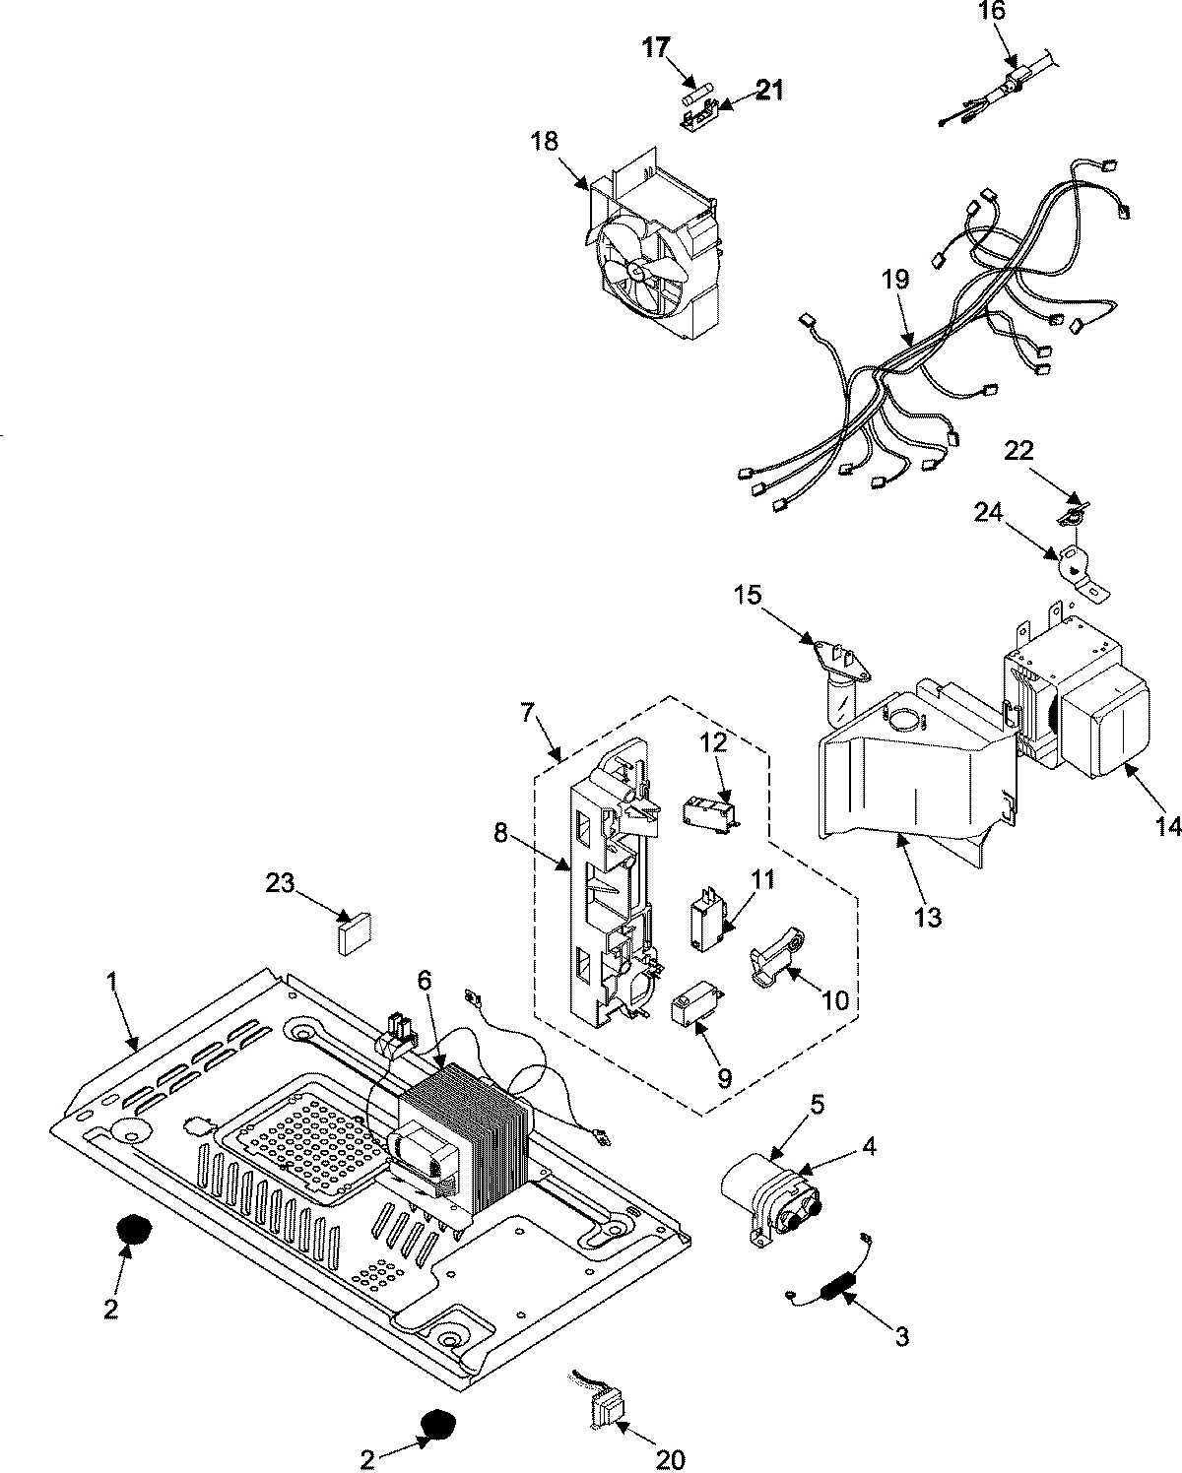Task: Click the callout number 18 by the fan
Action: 544,141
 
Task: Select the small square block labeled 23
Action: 354,932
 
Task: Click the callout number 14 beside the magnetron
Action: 1168,826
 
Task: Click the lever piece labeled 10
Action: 775,964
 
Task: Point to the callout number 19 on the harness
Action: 895,280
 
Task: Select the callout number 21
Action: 769,91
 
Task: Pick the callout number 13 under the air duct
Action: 927,918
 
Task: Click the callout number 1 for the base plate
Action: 111,983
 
